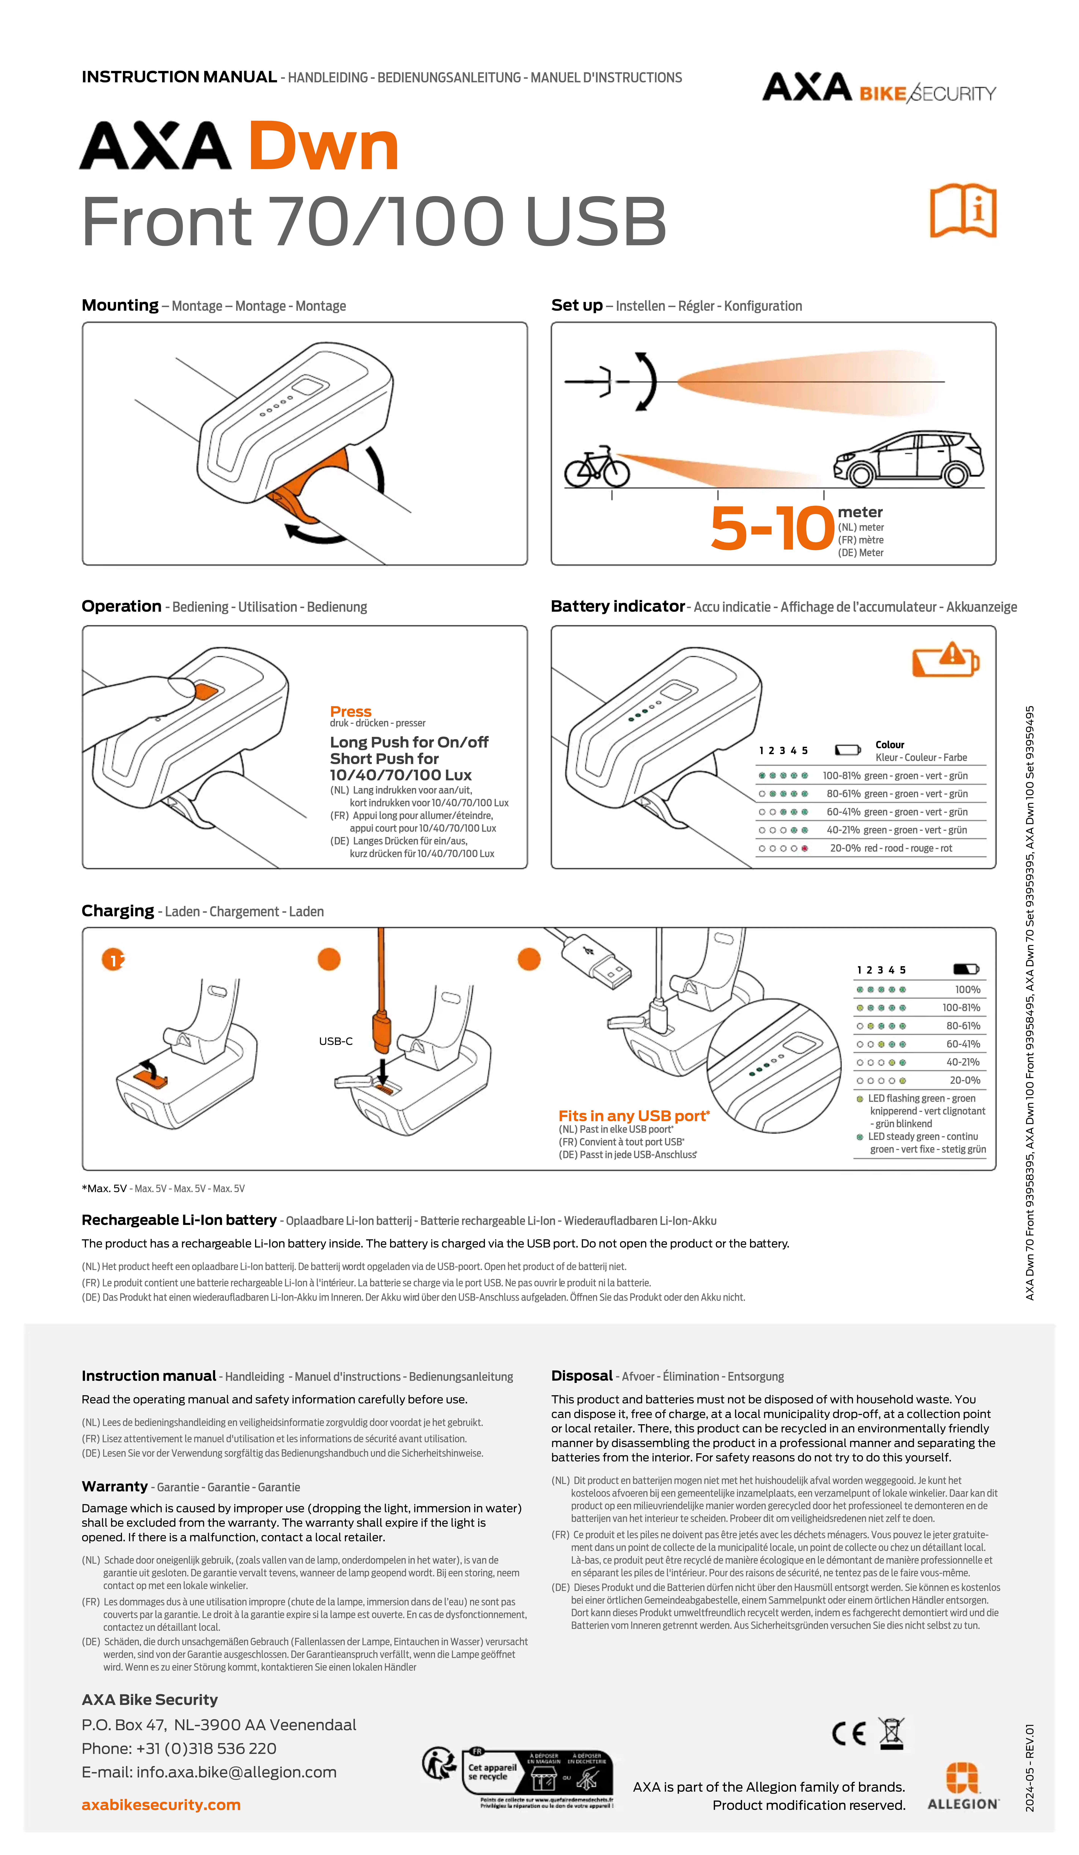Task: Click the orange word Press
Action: point(350,711)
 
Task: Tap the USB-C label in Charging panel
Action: point(336,1041)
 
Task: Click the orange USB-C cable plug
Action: point(381,1030)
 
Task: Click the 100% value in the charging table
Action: point(967,989)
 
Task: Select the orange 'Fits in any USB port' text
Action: point(634,1116)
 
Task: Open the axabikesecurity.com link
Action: point(161,1804)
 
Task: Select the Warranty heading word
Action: point(115,1486)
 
